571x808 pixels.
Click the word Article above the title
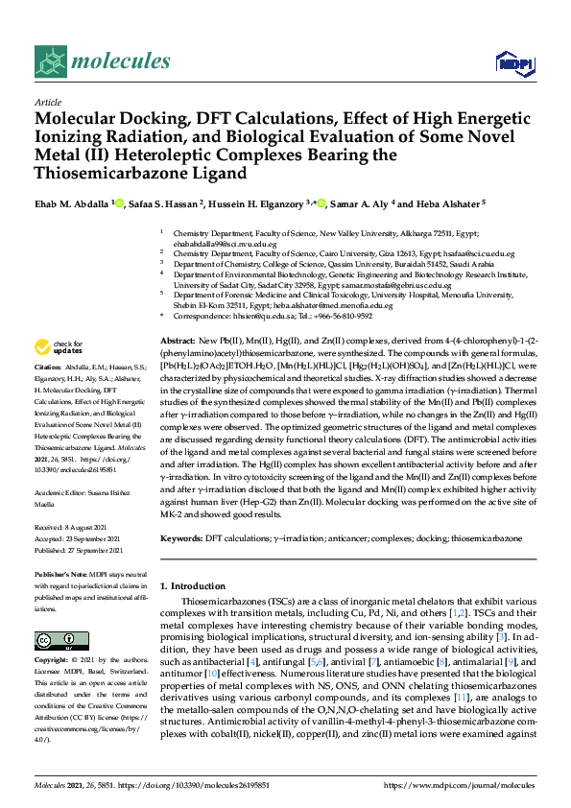click(x=47, y=102)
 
